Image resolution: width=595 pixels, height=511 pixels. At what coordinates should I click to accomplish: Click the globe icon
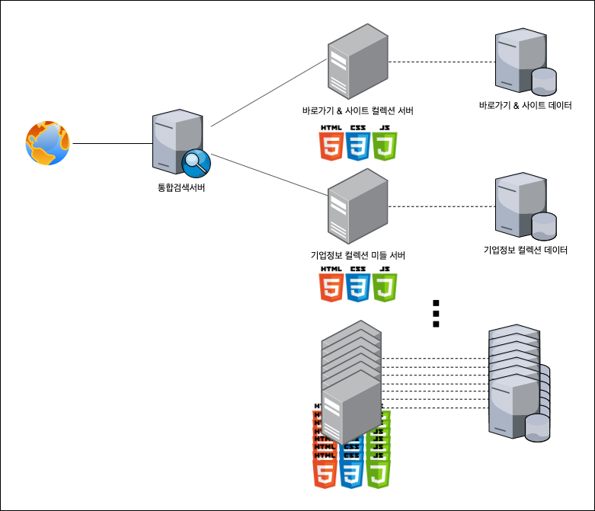[49, 143]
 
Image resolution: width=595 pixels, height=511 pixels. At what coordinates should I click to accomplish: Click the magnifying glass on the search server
[195, 162]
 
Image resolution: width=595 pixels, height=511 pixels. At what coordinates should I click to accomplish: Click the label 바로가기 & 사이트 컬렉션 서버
[358, 111]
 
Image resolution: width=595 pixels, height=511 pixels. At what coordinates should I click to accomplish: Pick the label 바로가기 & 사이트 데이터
[526, 106]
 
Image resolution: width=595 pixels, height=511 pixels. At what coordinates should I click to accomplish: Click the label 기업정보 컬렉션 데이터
[526, 250]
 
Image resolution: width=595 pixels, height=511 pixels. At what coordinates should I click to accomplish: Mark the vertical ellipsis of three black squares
[437, 313]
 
